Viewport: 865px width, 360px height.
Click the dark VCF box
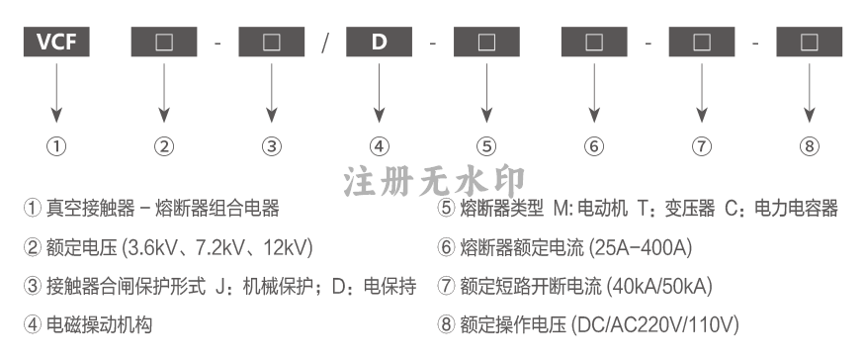(x=56, y=42)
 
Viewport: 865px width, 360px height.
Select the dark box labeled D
(x=379, y=42)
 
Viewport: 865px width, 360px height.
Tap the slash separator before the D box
(x=325, y=42)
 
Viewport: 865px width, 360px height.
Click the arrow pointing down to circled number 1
(x=56, y=93)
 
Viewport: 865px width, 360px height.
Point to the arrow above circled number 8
(x=810, y=93)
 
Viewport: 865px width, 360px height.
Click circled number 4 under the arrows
(x=379, y=146)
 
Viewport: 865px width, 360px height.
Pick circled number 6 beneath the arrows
(x=594, y=146)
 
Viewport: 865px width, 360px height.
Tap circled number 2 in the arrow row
(x=164, y=146)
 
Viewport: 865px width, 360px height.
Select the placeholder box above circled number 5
(x=486, y=42)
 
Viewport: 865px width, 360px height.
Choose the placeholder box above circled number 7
(x=702, y=42)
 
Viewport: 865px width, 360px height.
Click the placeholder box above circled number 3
(x=272, y=42)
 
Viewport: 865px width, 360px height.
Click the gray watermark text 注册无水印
(x=434, y=181)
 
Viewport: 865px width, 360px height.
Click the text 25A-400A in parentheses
(x=641, y=247)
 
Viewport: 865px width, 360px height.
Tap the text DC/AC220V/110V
(x=654, y=324)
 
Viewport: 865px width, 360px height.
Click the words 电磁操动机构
(x=99, y=324)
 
